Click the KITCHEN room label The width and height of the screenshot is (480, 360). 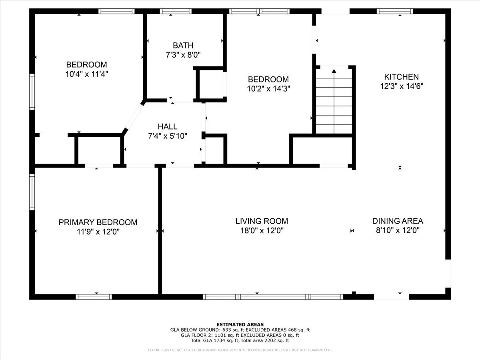[401, 77]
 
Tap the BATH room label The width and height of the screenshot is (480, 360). [183, 45]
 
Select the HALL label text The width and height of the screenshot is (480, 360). [168, 126]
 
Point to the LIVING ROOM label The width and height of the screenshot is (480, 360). [262, 221]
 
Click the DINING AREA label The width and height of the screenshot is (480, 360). [398, 221]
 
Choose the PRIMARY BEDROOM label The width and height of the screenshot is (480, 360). [98, 222]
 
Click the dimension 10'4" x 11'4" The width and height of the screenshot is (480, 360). [87, 74]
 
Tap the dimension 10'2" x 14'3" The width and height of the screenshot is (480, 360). [268, 88]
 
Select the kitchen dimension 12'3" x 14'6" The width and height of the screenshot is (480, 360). [402, 86]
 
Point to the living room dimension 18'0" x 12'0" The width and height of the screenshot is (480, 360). [262, 230]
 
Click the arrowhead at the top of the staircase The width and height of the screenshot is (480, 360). [334, 71]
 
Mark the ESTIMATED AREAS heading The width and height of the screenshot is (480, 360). [240, 324]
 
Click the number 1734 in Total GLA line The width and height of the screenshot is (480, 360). [219, 340]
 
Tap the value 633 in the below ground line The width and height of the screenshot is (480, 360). [226, 330]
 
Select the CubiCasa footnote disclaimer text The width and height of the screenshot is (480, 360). [240, 350]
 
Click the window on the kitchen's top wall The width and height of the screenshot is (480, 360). [395, 11]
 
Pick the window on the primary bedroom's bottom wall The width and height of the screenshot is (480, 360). [94, 297]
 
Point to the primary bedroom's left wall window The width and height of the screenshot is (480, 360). [32, 192]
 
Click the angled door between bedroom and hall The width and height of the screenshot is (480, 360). [133, 117]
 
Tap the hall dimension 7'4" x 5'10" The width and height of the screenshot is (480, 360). [168, 136]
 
